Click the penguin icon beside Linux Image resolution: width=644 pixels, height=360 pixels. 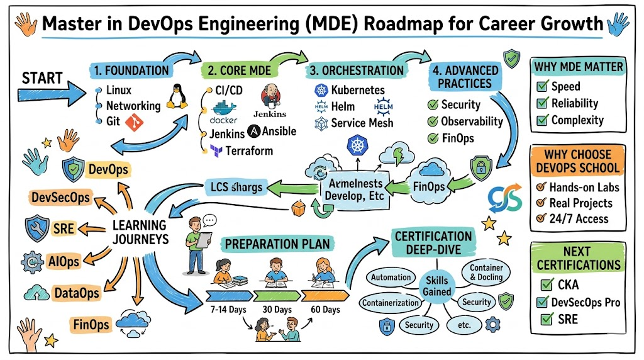tap(175, 96)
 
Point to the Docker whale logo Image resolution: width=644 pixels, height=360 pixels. tap(223, 108)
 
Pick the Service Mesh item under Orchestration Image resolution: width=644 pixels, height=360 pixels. tap(361, 123)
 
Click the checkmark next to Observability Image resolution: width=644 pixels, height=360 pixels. tap(433, 121)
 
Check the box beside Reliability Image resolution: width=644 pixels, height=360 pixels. tap(541, 103)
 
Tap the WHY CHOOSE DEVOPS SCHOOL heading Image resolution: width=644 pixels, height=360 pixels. tap(578, 160)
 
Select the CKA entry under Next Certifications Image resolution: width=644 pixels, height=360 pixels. tap(568, 285)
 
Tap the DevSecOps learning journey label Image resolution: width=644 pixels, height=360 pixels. tap(60, 198)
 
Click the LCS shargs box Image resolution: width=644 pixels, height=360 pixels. tap(236, 186)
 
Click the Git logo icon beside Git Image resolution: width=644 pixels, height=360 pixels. tap(134, 122)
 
